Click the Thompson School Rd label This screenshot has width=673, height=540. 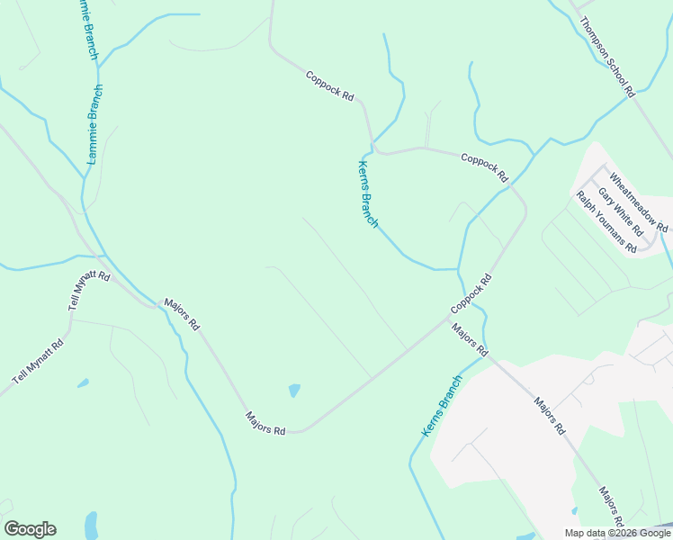pyautogui.click(x=608, y=57)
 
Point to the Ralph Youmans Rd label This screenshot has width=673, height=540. pyautogui.click(x=606, y=221)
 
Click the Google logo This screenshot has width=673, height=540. pyautogui.click(x=30, y=529)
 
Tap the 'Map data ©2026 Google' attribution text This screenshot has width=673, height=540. pyautogui.click(x=617, y=533)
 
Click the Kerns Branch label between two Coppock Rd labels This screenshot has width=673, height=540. pyautogui.click(x=368, y=193)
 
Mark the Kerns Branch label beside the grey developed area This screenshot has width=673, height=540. pyautogui.click(x=441, y=406)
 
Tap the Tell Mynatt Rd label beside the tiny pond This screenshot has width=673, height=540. pyautogui.click(x=38, y=362)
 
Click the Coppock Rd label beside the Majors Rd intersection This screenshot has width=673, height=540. pyautogui.click(x=471, y=294)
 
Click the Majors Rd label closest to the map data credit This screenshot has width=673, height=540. pyautogui.click(x=612, y=508)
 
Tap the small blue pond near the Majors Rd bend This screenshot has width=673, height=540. pyautogui.click(x=293, y=391)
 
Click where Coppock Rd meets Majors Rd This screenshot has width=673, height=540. pyautogui.click(x=453, y=316)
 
